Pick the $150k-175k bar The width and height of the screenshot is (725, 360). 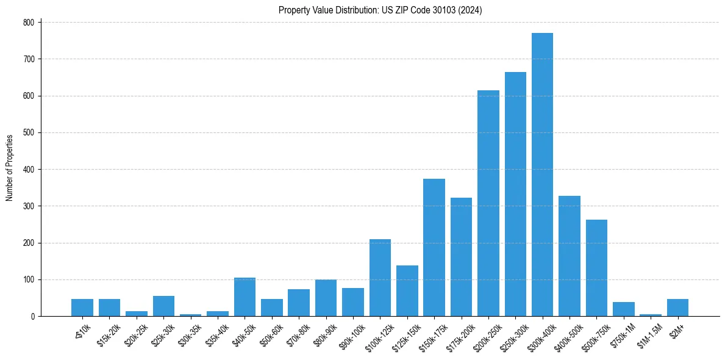[434, 248]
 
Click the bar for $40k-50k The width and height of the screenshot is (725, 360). [245, 297]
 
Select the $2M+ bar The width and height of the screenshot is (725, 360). [677, 308]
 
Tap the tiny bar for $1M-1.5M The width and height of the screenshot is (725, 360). [650, 315]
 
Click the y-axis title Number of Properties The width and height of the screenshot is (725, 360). [9, 168]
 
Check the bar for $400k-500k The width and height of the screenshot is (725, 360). [570, 256]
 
